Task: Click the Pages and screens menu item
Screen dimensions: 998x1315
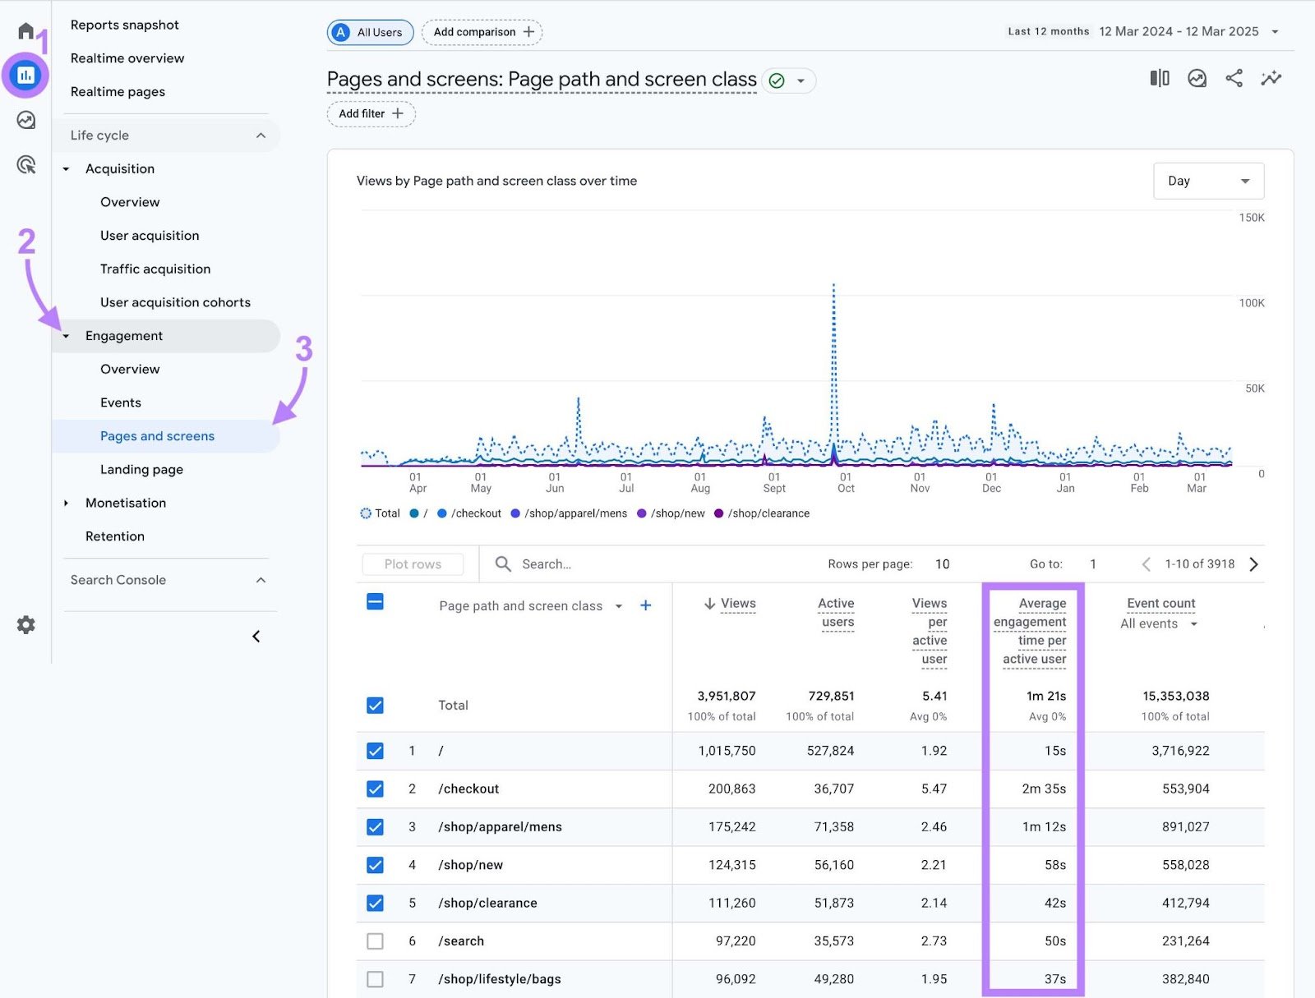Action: click(157, 436)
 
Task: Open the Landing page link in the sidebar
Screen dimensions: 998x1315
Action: click(141, 470)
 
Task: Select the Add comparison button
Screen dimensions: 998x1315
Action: click(482, 32)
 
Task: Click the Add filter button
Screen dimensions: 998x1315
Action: click(371, 113)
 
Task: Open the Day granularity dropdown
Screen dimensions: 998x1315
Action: click(1207, 181)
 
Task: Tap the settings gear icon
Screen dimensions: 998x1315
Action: click(26, 625)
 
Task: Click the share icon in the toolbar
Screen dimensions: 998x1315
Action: click(1234, 79)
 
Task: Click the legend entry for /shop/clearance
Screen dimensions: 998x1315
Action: click(768, 513)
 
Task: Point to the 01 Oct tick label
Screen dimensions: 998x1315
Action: click(846, 483)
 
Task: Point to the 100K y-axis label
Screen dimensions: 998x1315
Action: click(1251, 303)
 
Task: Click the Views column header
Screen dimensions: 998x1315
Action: click(737, 604)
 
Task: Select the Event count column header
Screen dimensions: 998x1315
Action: click(1160, 604)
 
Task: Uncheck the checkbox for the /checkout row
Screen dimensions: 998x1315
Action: click(375, 789)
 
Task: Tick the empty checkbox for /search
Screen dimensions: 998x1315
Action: click(375, 941)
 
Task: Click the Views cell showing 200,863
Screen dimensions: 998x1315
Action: click(731, 789)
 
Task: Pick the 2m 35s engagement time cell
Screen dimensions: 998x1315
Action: click(1043, 789)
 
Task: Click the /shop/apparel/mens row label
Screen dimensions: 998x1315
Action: click(500, 827)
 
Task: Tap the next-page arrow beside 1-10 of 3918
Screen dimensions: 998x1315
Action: click(1253, 564)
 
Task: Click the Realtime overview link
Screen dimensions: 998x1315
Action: click(127, 58)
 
